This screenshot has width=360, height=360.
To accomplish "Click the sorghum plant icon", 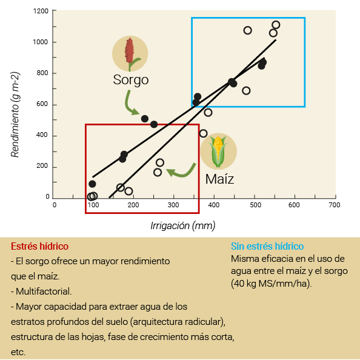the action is click(130, 54).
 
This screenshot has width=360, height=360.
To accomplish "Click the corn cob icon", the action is click(218, 152).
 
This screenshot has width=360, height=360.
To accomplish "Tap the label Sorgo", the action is click(131, 80).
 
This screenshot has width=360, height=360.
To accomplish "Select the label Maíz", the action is click(220, 179).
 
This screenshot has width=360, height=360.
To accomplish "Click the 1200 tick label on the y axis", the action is click(41, 11).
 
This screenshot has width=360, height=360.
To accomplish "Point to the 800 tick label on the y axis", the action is click(42, 73).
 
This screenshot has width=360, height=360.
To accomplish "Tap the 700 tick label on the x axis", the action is click(334, 205).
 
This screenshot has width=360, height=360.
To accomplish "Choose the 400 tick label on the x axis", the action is click(213, 205).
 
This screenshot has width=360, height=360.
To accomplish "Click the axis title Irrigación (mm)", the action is click(183, 225).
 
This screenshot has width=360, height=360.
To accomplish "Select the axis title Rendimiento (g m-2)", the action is click(15, 115).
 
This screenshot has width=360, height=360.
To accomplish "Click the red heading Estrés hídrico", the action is click(40, 246).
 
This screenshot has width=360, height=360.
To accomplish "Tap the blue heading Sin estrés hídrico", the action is click(267, 246).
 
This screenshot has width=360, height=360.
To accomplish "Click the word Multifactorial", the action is click(44, 292).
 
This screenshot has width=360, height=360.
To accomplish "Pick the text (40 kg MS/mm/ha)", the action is click(272, 284).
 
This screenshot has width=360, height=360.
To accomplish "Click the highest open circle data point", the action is click(276, 25).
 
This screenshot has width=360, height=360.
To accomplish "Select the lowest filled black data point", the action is click(92, 184).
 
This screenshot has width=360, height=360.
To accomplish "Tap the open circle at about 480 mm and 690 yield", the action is click(246, 91).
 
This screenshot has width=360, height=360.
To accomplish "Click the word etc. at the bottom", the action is click(18, 352).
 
